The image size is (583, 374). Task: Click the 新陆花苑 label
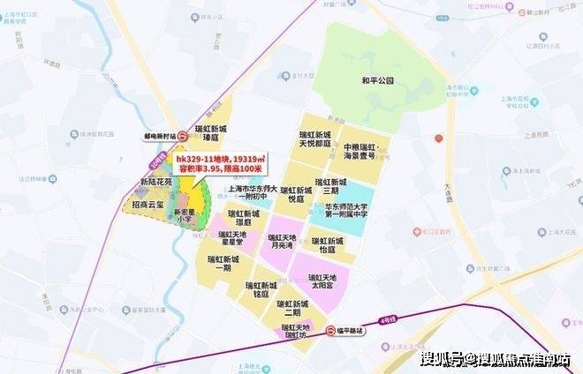(x=156, y=182)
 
